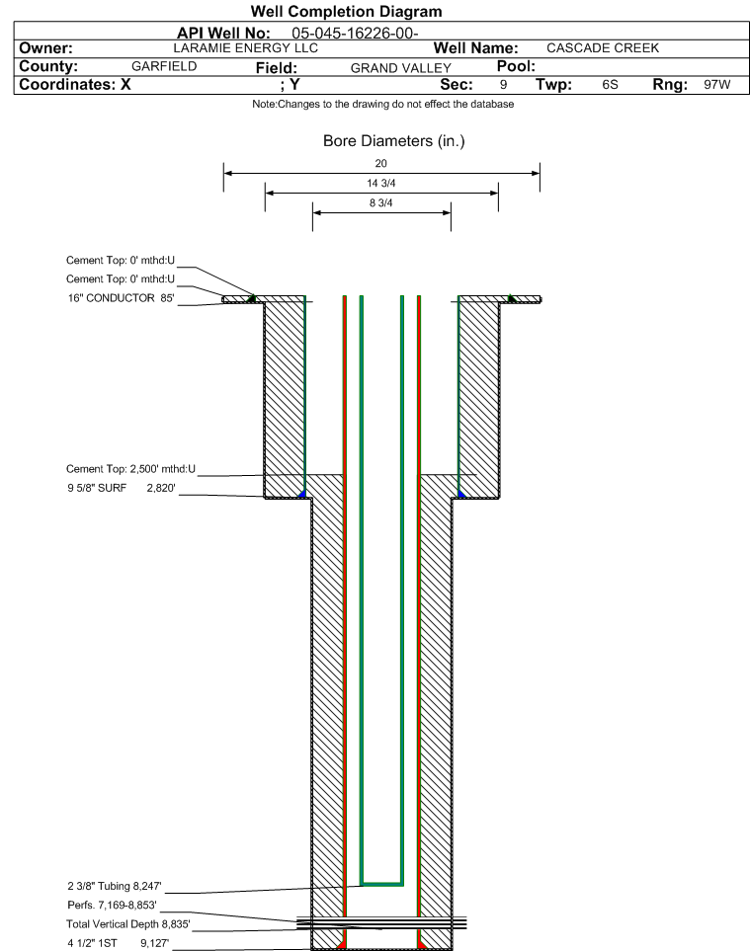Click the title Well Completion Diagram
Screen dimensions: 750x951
click(346, 12)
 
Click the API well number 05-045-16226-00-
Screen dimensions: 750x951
click(355, 34)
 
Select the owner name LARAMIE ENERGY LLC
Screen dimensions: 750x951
click(246, 48)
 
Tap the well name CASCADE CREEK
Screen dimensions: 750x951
click(603, 48)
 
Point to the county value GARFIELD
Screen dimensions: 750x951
click(164, 66)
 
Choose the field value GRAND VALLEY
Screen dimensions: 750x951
click(401, 68)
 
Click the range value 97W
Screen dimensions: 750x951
click(717, 84)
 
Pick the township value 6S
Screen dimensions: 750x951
click(610, 84)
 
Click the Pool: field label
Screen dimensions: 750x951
click(516, 66)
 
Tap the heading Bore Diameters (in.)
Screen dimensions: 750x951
click(394, 141)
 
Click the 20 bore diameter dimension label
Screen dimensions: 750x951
click(381, 163)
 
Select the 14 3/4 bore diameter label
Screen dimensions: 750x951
click(381, 183)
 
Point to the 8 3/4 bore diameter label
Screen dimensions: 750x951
click(381, 203)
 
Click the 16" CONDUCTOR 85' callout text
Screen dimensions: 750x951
click(121, 298)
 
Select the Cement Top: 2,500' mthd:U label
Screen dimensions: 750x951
click(131, 469)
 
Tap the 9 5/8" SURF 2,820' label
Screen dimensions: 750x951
click(122, 488)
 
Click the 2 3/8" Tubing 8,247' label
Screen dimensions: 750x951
click(115, 886)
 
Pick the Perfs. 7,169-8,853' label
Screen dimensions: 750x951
click(113, 905)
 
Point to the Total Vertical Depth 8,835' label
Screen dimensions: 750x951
click(128, 923)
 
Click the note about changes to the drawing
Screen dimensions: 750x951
click(382, 105)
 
